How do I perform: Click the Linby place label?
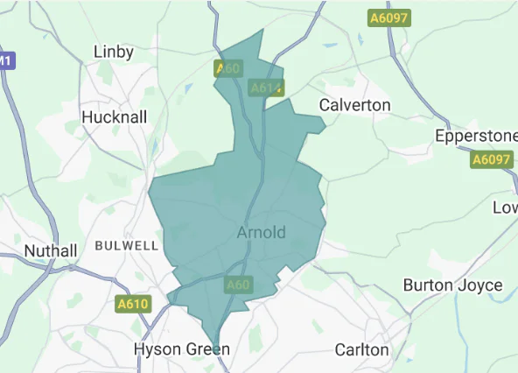(x=114, y=53)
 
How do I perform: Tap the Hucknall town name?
(x=114, y=117)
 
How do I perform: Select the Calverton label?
(x=354, y=105)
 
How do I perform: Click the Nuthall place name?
(x=50, y=250)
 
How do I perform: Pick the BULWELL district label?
(x=127, y=245)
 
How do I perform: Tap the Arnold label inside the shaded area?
(x=261, y=233)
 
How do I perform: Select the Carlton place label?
(x=362, y=349)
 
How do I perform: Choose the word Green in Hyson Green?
(x=207, y=349)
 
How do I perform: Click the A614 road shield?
(x=265, y=88)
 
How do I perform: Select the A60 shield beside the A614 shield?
(x=227, y=68)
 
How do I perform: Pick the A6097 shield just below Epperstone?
(x=490, y=159)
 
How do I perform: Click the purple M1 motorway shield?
(x=5, y=61)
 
